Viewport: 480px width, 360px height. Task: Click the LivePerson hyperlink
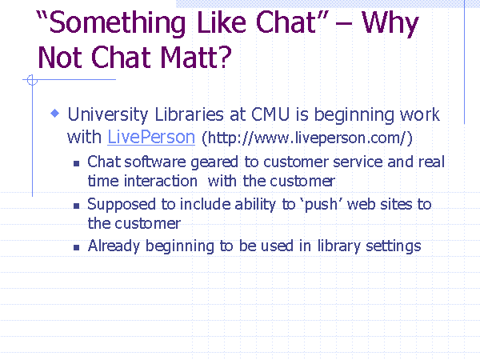[151, 137]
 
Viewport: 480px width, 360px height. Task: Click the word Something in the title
[115, 24]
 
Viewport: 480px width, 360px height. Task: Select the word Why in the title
[390, 24]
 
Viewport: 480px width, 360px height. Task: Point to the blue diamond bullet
[55, 114]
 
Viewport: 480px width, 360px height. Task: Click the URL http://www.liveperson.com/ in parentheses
[307, 138]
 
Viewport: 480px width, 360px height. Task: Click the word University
[108, 114]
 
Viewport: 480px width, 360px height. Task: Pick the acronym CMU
[270, 114]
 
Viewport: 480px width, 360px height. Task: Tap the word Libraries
[189, 114]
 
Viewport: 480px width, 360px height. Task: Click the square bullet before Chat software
[77, 164]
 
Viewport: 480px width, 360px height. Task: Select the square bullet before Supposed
[77, 206]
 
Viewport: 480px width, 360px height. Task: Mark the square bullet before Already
[77, 248]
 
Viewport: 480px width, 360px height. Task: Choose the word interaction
[161, 181]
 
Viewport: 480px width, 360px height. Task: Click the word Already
[114, 246]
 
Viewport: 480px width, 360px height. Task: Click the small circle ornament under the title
[32, 80]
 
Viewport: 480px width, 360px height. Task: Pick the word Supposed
[122, 205]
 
